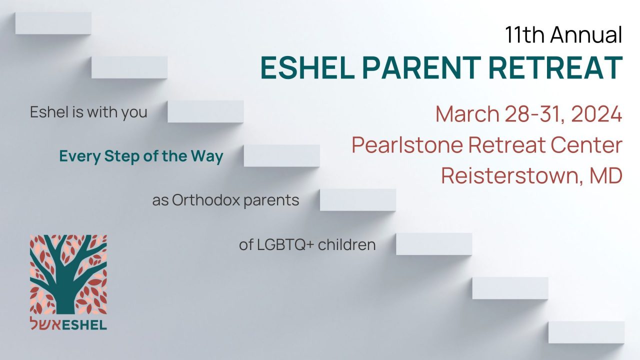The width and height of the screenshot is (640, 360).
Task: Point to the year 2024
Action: click(596, 114)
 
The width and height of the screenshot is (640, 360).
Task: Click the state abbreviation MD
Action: click(606, 175)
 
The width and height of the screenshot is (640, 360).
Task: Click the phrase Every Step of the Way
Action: click(141, 156)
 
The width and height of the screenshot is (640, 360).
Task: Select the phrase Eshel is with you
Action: click(88, 112)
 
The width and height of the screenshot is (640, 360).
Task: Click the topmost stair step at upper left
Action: click(53, 23)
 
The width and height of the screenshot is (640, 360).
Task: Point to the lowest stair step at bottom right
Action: click(586, 332)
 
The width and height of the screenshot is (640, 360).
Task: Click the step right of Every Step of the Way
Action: click(281, 155)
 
